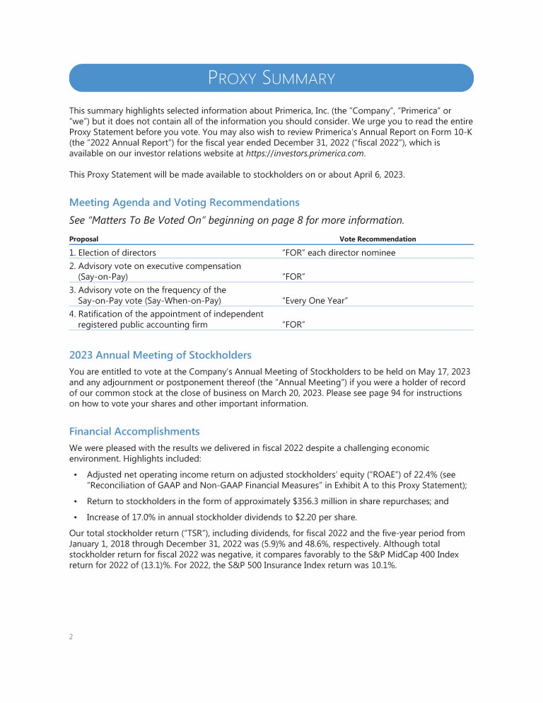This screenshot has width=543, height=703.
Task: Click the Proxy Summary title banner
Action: (x=271, y=78)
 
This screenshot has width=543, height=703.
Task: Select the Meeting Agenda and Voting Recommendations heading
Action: (x=184, y=202)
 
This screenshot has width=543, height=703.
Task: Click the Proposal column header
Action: (x=83, y=239)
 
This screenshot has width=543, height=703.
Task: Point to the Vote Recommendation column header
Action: (x=378, y=239)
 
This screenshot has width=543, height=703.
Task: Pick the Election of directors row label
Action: (x=112, y=253)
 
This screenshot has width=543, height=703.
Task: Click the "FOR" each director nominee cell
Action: (x=339, y=253)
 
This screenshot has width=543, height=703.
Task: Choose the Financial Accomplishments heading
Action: (x=134, y=431)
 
